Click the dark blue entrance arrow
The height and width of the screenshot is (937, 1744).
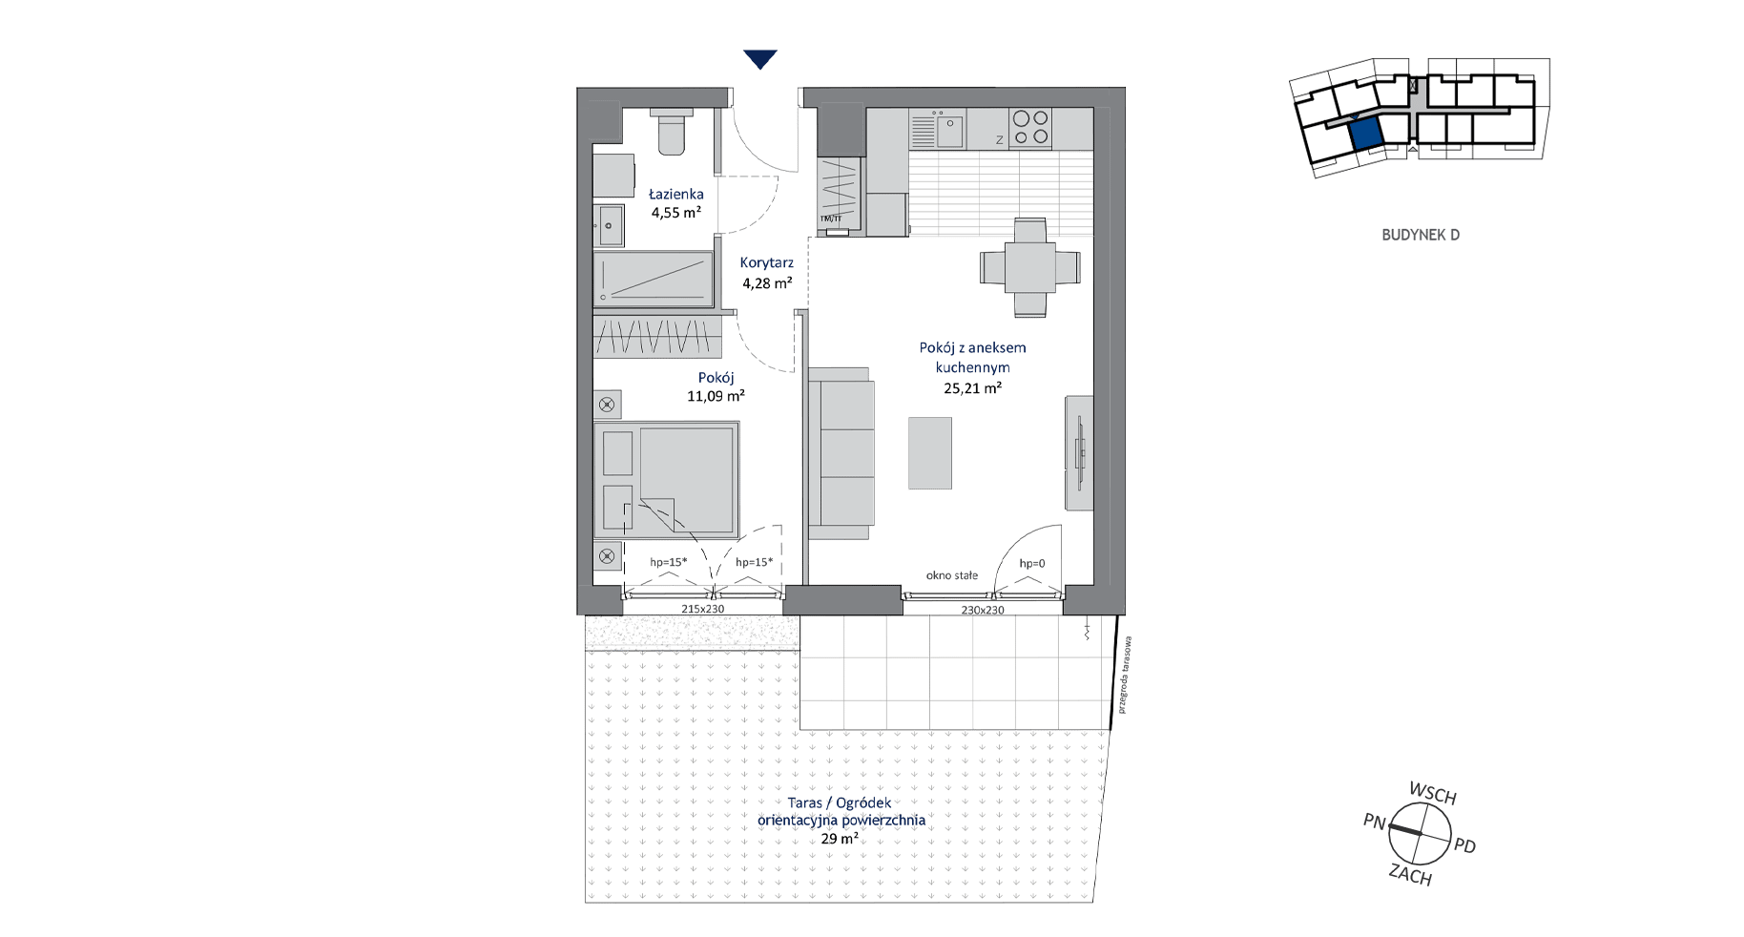point(759,59)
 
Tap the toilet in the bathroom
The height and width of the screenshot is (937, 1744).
point(671,131)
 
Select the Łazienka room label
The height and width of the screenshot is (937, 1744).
point(676,195)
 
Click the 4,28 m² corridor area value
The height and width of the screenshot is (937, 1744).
point(768,283)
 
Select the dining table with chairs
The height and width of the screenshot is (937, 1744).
point(1030,268)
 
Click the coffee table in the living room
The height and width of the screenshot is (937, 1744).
point(930,452)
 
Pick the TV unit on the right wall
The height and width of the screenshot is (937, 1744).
point(1079,452)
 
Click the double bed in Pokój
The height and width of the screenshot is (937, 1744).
point(666,481)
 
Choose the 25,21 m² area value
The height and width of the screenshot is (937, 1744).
point(972,388)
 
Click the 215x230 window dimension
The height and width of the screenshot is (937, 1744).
point(703,609)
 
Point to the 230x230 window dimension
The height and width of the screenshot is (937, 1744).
point(983,610)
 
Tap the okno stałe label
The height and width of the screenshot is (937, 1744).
point(952,575)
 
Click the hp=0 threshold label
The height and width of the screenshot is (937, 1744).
point(1032,564)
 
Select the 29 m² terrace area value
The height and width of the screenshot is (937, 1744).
point(840,840)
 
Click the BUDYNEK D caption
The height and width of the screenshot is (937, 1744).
point(1421,235)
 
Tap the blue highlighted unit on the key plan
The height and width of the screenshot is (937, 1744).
point(1366,134)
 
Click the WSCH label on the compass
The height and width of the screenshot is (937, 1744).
point(1433,794)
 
